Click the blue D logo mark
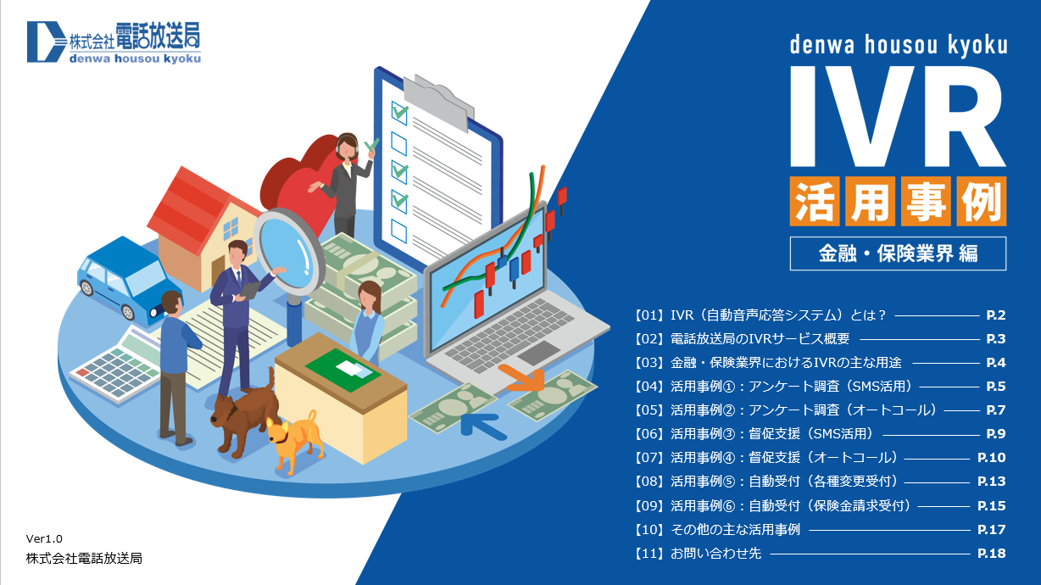coord(46,42)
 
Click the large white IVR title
coord(898,116)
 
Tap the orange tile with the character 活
coord(815,201)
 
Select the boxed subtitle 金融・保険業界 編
coord(898,253)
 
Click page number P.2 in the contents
coord(996,315)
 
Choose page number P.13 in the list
coord(991,482)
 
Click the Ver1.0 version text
coord(44,539)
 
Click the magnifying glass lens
coord(289,253)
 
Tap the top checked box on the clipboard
coord(399,113)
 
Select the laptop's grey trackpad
coord(539,354)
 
